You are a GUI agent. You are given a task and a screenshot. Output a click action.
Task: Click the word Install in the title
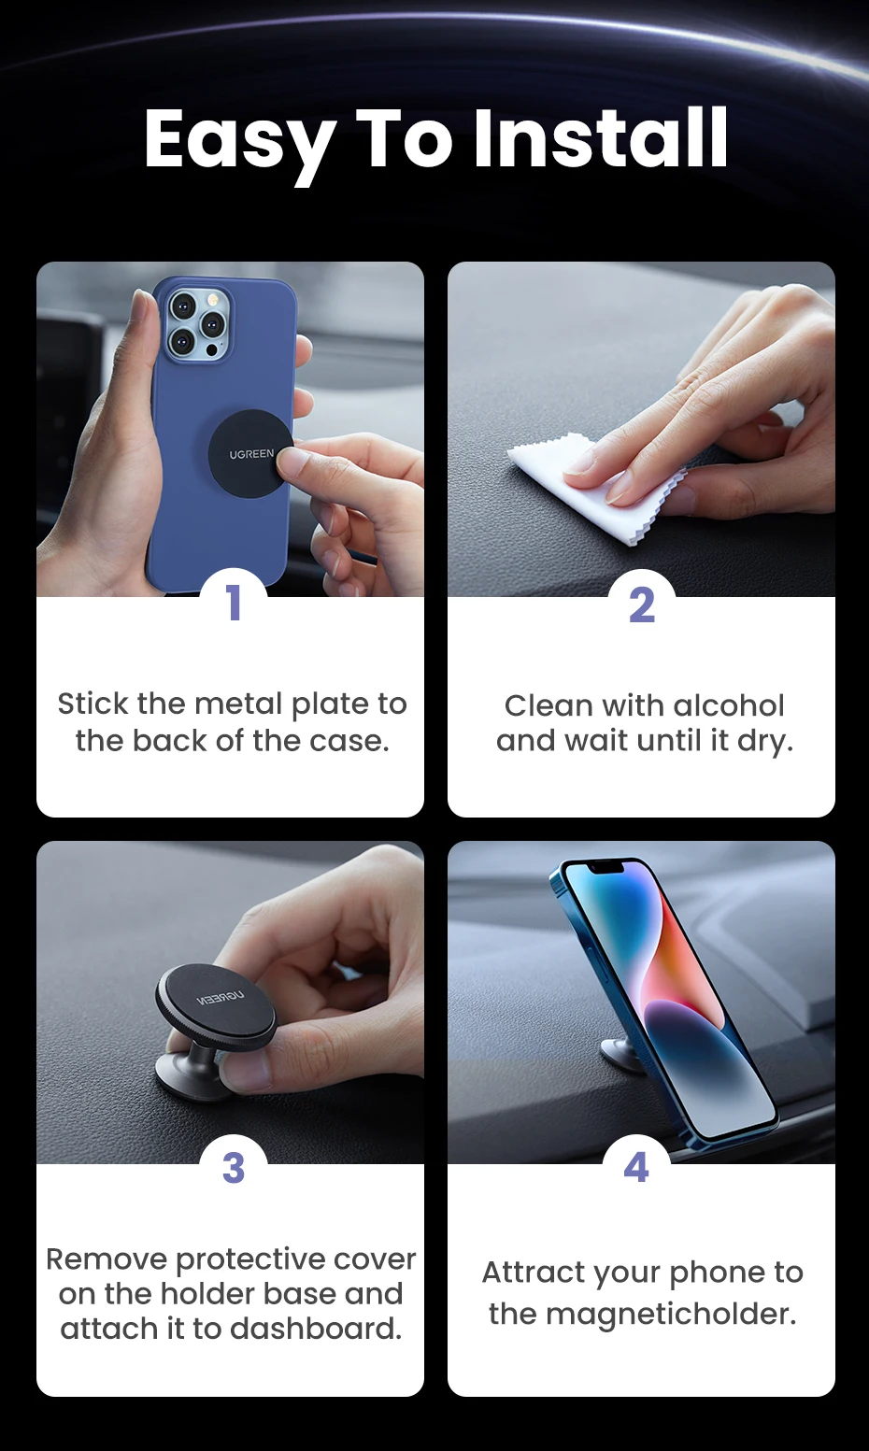click(600, 138)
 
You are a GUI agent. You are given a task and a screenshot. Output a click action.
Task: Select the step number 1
click(234, 603)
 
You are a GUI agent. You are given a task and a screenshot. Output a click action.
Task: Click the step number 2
click(642, 605)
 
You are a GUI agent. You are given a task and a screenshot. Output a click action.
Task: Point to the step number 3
click(234, 1168)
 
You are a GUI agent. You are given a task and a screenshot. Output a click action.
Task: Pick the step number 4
click(636, 1167)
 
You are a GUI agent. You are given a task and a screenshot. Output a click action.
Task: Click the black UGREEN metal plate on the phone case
click(250, 453)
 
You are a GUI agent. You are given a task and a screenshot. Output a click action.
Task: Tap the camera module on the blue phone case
click(198, 323)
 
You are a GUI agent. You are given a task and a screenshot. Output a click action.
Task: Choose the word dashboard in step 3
click(316, 1329)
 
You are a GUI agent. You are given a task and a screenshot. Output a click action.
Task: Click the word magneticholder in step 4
click(671, 1315)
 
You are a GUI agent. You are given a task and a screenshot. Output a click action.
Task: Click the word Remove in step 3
click(107, 1259)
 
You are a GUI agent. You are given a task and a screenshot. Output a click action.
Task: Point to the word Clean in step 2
click(548, 706)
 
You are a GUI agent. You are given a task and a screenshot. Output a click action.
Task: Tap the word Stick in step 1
click(93, 704)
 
